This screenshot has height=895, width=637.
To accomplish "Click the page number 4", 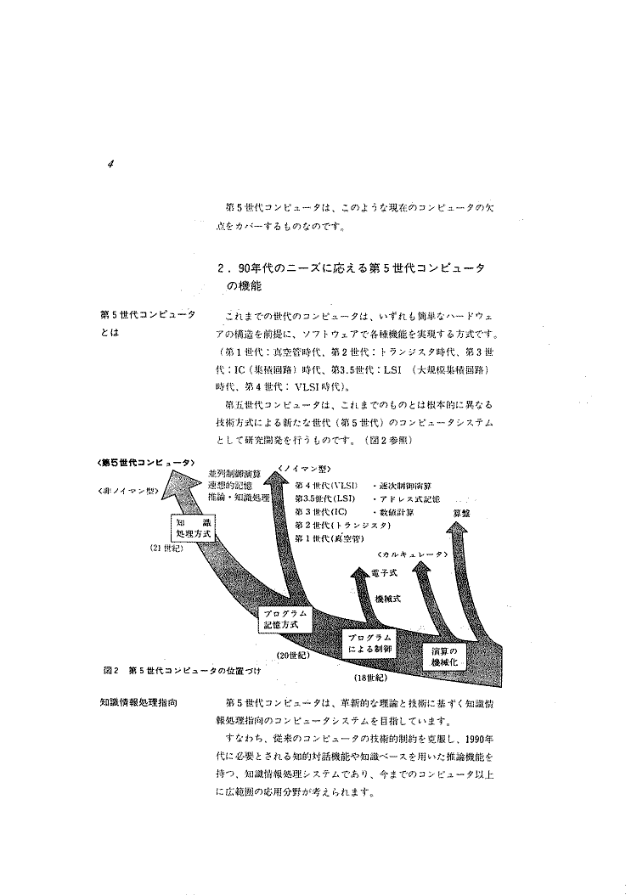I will click(111, 165).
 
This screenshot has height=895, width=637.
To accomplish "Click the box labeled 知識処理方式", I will click(192, 530).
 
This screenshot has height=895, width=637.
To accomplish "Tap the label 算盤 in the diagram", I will click(462, 513).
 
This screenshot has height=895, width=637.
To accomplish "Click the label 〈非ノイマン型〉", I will click(127, 491).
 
